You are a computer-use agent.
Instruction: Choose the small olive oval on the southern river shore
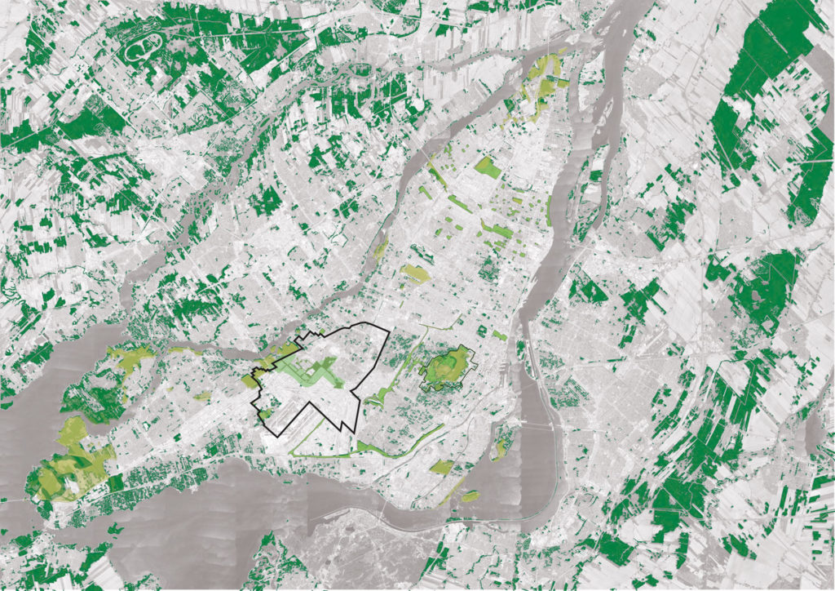[x=471, y=495]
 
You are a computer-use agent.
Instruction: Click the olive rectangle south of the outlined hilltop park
[x=441, y=467]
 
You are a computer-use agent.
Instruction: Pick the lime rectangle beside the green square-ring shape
[x=498, y=335]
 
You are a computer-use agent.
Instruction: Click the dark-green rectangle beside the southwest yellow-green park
[x=115, y=482]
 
